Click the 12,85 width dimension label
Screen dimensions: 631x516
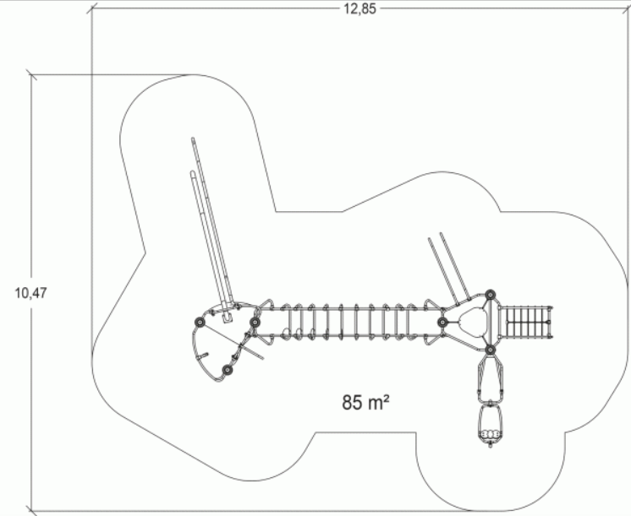pos(359,8)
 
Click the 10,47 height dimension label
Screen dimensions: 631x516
pos(31,293)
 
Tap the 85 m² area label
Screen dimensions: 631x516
pos(365,402)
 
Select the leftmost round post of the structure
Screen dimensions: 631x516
pos(200,323)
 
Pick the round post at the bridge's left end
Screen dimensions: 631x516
pos(255,323)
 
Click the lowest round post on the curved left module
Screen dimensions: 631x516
pos(228,370)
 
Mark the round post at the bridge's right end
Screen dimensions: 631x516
pos(442,322)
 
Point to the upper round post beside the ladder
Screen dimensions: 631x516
pos(490,295)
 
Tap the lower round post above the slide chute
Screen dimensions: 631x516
pos(490,350)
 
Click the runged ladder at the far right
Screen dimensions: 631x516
pos(526,322)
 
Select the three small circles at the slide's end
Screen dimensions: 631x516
pos(490,434)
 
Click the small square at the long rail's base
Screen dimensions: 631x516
pos(228,318)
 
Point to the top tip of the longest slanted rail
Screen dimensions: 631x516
pos(193,139)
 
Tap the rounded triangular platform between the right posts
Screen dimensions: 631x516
pos(471,322)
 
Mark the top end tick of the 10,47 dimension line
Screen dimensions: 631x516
pos(31,75)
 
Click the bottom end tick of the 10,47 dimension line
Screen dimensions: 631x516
pos(31,512)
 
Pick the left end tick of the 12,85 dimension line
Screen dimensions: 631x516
pos(91,8)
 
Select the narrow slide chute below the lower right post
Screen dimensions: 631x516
pos(490,377)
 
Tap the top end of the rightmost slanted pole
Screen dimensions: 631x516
pos(441,233)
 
